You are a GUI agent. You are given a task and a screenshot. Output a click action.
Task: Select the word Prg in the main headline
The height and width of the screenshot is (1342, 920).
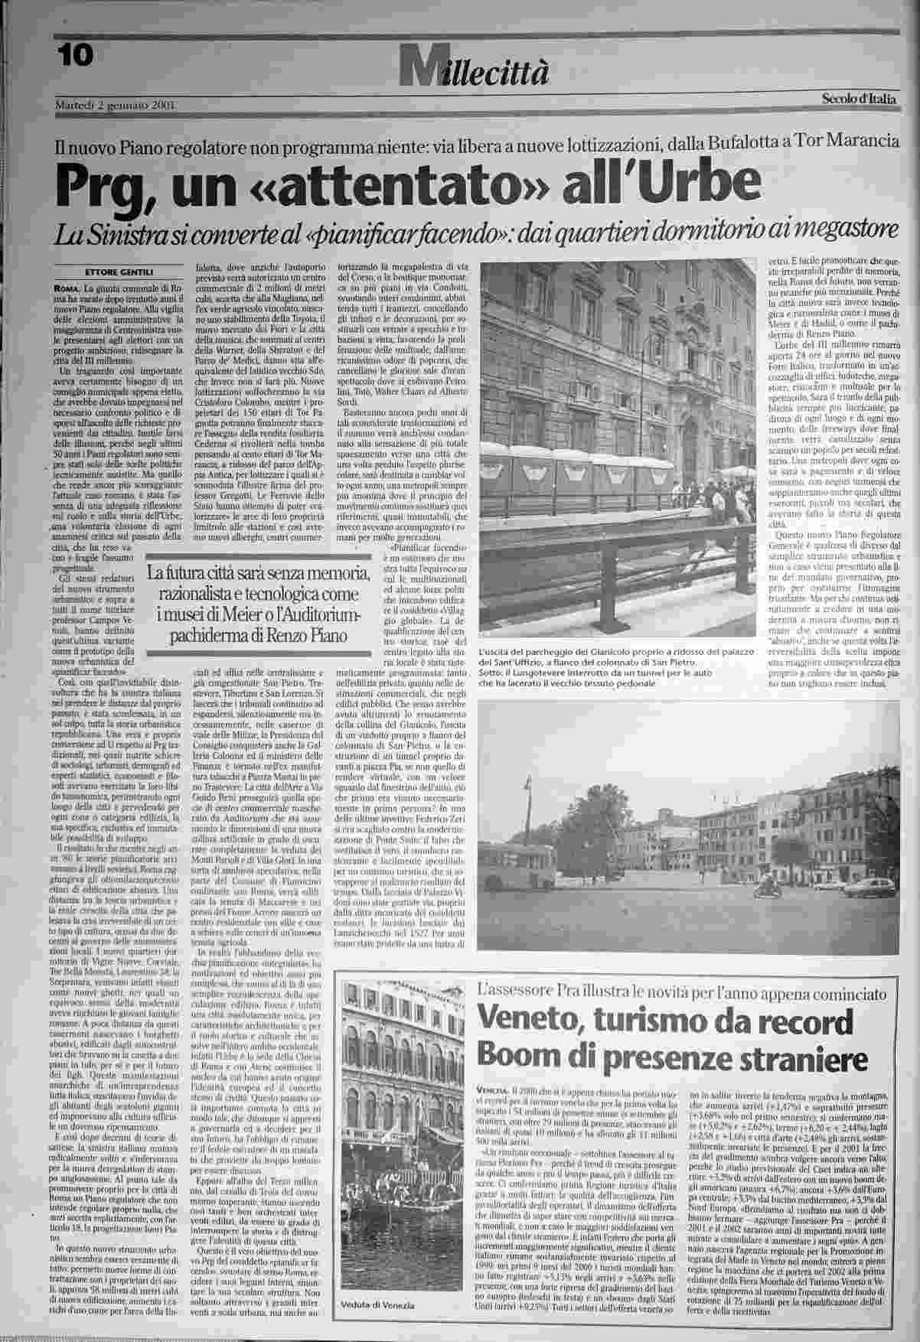tap(105, 184)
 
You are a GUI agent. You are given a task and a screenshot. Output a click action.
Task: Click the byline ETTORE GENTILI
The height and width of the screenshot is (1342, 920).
tap(118, 272)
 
